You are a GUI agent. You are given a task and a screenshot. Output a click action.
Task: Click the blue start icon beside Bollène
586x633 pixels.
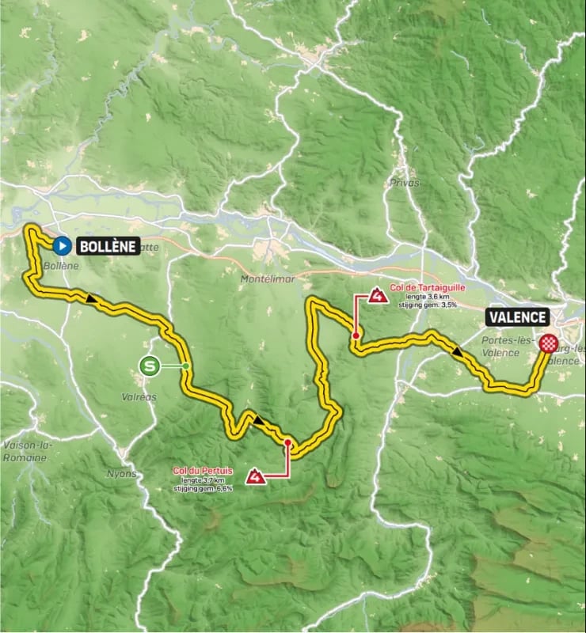[x=63, y=245]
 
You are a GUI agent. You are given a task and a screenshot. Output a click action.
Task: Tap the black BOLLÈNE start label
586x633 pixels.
[x=108, y=246]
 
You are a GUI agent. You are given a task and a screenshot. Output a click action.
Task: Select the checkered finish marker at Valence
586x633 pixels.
[x=549, y=343]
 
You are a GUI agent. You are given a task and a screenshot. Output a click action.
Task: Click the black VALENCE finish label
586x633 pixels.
[x=518, y=317]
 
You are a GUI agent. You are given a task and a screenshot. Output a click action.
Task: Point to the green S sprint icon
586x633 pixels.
[x=148, y=366]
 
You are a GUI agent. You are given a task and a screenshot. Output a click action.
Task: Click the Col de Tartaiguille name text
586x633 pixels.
[x=428, y=289]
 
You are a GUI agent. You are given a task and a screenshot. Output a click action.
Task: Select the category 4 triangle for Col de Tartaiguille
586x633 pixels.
[x=378, y=297]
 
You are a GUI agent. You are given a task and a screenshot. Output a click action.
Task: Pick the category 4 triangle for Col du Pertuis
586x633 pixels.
[x=255, y=476]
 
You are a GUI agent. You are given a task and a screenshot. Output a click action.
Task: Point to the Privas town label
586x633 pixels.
[x=404, y=182]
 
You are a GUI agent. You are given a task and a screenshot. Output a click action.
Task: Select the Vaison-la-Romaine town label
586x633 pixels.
[x=26, y=451]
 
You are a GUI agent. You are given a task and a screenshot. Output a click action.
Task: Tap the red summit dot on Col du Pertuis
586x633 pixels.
[x=288, y=443]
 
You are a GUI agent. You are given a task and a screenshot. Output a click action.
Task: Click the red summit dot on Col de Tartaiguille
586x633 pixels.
[x=357, y=336]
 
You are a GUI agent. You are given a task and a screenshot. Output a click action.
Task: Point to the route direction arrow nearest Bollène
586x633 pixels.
[x=92, y=299]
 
